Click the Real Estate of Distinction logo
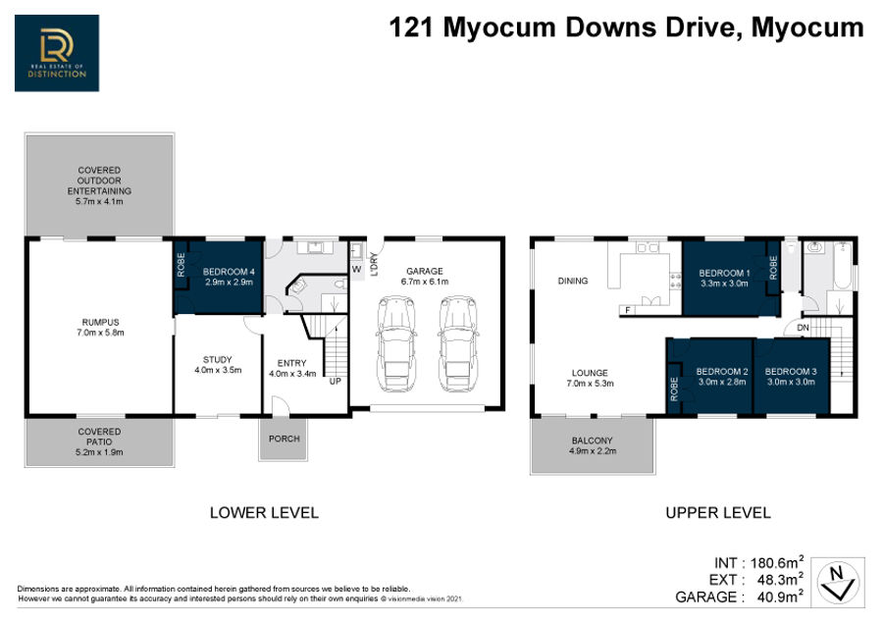[57, 53]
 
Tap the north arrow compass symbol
[838, 583]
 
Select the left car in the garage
[396, 343]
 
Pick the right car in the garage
[458, 343]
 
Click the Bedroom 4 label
[229, 272]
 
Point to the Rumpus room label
[101, 322]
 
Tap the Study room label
[218, 359]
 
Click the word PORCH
[284, 439]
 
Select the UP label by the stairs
[336, 382]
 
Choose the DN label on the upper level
[803, 328]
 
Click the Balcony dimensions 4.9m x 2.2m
[593, 451]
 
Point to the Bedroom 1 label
[724, 273]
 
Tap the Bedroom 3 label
[791, 371]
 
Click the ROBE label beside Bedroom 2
[674, 389]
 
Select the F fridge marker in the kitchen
[627, 310]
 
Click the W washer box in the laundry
[356, 270]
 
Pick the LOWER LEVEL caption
[264, 512]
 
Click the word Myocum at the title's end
[807, 27]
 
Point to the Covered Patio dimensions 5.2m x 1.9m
[99, 451]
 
